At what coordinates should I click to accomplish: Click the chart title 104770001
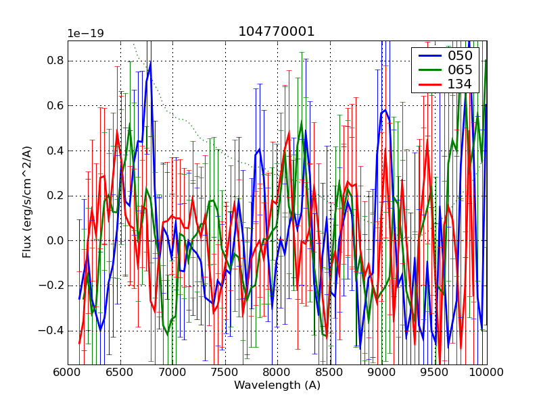[277, 32]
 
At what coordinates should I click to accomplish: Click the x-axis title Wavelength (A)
[277, 385]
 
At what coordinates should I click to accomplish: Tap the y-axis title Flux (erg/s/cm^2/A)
[27, 202]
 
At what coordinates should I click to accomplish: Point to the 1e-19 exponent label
[89, 33]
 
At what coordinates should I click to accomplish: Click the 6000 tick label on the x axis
[68, 373]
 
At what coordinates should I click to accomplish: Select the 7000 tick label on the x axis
[172, 373]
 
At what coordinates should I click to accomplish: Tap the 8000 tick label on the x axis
[277, 373]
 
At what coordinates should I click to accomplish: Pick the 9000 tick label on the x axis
[382, 373]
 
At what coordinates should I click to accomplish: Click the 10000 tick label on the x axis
[486, 373]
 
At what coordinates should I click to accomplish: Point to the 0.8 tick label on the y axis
[55, 61]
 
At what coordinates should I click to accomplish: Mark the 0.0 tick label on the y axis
[55, 241]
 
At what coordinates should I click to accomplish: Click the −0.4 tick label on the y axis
[52, 331]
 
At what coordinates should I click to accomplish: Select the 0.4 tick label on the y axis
[55, 151]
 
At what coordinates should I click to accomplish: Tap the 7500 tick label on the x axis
[225, 373]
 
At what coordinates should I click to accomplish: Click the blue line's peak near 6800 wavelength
[150, 63]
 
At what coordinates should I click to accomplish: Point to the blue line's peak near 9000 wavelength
[385, 109]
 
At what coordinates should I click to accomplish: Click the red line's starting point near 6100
[79, 344]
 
